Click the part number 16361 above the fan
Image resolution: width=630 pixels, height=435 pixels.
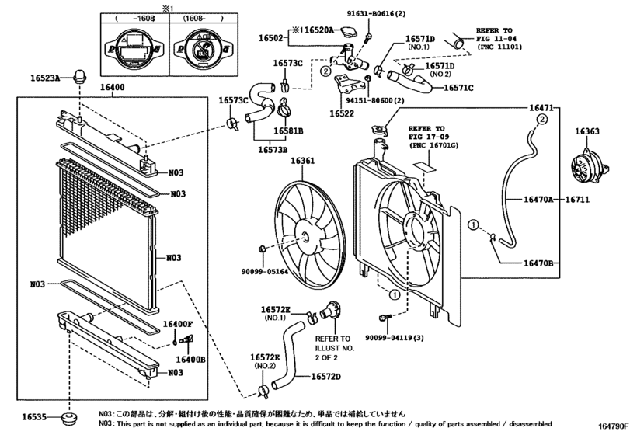pyautogui.click(x=302, y=162)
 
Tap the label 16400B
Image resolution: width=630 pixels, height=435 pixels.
pyautogui.click(x=190, y=359)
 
